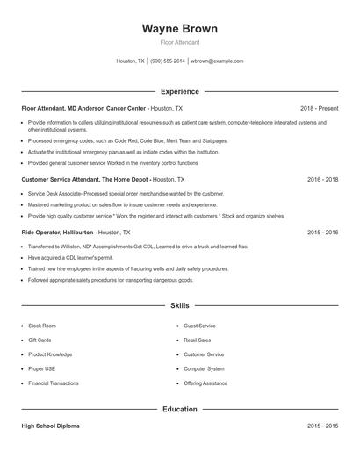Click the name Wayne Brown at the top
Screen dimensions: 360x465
coord(179,29)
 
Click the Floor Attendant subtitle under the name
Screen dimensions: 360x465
coord(179,42)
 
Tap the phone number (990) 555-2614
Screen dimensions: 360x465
coord(167,61)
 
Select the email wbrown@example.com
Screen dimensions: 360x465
coord(217,61)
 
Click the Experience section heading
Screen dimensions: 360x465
coord(179,91)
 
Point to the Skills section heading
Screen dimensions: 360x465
coord(179,306)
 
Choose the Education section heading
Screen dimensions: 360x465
coord(179,409)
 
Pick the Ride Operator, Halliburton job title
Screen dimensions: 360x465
coord(57,232)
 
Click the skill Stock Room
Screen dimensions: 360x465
coord(41,325)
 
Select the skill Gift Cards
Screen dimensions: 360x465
coord(40,339)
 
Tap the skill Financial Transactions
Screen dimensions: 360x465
coord(54,383)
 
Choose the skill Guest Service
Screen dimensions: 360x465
coord(199,325)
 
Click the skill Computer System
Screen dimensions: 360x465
coord(203,369)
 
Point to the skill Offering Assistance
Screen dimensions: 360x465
coord(205,383)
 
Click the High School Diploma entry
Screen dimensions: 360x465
coord(50,426)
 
